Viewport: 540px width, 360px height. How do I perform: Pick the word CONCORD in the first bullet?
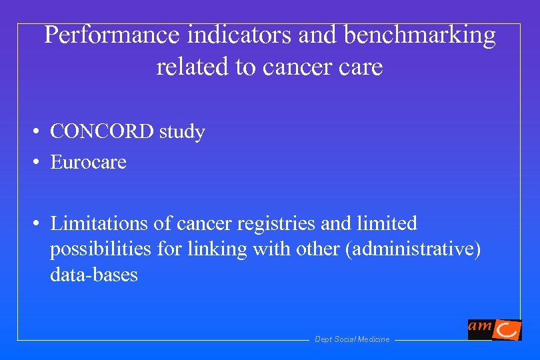coord(103,132)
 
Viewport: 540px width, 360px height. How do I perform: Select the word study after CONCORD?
coord(182,133)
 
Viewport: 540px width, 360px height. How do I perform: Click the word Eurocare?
coord(88,162)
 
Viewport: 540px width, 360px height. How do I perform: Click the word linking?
coord(211,249)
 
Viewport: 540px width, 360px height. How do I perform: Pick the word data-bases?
coord(93,275)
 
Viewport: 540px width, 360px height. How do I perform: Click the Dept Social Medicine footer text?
coord(352,339)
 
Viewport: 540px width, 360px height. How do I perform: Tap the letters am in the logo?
coord(480,325)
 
